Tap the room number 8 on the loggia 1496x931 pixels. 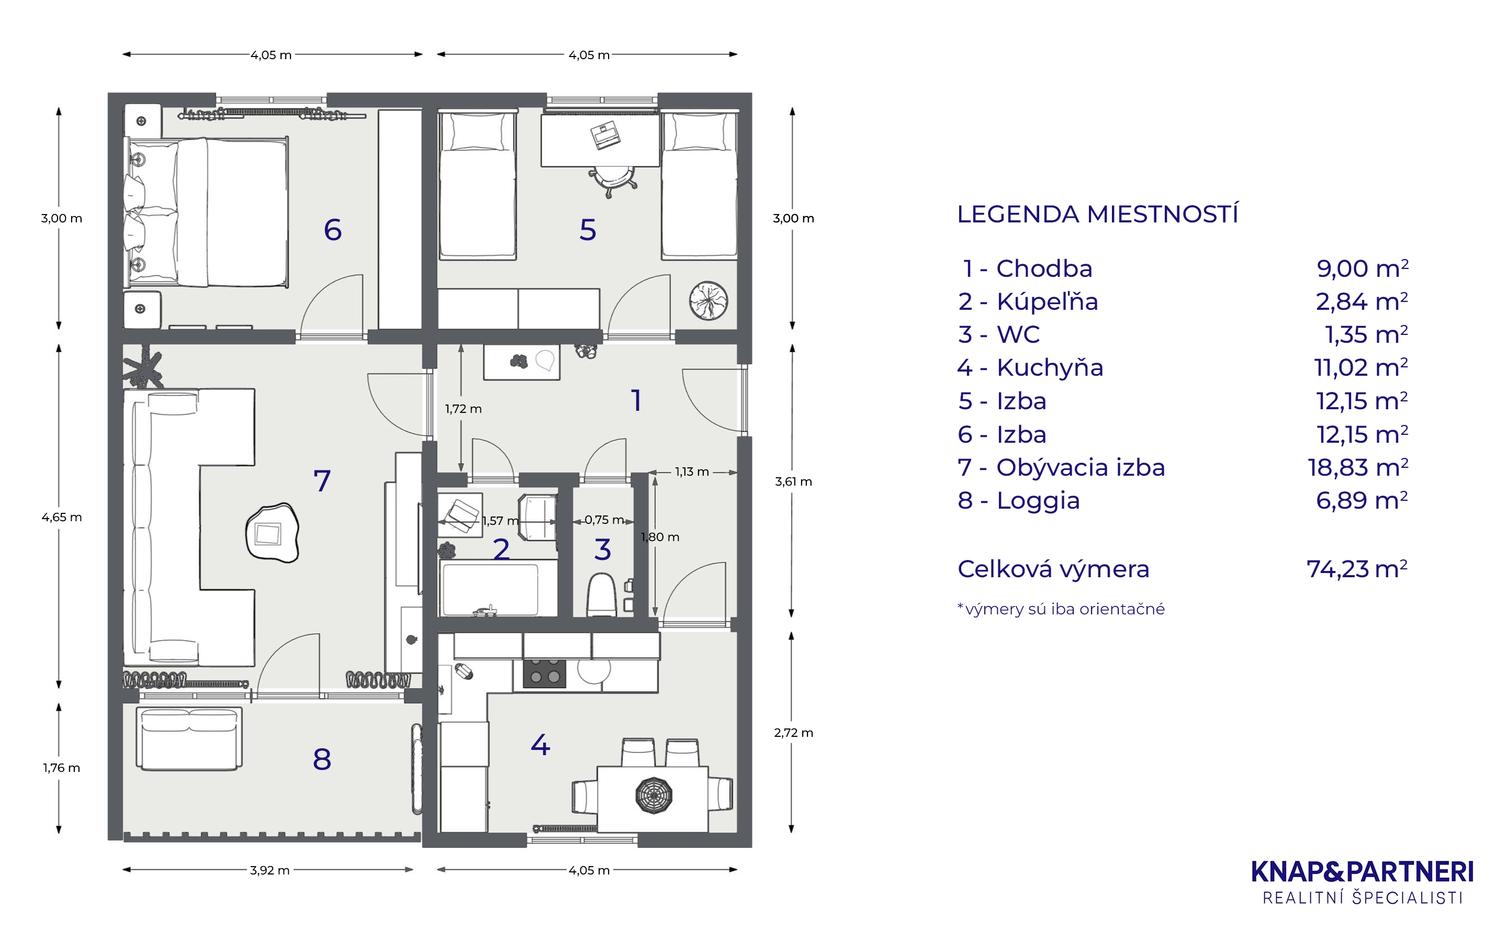pyautogui.click(x=322, y=759)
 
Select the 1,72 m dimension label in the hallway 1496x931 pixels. pyautogui.click(x=464, y=409)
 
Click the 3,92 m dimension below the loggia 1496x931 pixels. pyautogui.click(x=269, y=870)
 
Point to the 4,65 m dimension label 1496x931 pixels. pyautogui.click(x=62, y=517)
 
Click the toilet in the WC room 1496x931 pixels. pyautogui.click(x=601, y=595)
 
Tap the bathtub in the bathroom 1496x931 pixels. pyautogui.click(x=491, y=589)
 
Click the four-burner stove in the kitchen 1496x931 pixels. pyautogui.click(x=544, y=673)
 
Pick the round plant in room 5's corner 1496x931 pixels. pyautogui.click(x=708, y=301)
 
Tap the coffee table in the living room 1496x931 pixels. pyautogui.click(x=272, y=533)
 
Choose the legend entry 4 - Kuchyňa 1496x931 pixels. pyautogui.click(x=1030, y=367)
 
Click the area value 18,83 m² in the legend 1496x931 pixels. pyautogui.click(x=1357, y=467)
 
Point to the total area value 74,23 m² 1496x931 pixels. pyautogui.click(x=1357, y=569)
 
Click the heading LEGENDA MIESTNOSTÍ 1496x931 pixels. pyautogui.click(x=1098, y=214)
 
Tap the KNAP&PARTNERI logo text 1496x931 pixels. pyautogui.click(x=1363, y=872)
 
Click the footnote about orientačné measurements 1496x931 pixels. pyautogui.click(x=1061, y=609)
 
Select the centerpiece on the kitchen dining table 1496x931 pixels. pyautogui.click(x=654, y=795)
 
